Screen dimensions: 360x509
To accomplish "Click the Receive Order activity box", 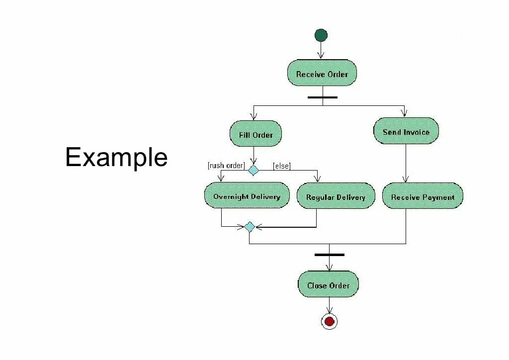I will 322,74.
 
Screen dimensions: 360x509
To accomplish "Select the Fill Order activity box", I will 255,134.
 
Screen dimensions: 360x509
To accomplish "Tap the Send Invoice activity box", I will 406,132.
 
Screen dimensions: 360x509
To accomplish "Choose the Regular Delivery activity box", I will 336,197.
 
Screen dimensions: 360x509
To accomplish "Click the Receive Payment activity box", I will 423,197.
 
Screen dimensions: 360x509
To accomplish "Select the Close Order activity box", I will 328,285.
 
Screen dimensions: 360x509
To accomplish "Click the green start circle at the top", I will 321,35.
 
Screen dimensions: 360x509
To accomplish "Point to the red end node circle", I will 329,321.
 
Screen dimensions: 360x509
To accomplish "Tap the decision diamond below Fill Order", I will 254,170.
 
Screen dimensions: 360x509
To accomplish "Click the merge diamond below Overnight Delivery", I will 250,227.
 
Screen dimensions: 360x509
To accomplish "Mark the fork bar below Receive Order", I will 322,97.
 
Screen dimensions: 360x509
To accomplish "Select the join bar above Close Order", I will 329,255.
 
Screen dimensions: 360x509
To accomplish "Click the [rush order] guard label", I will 226,166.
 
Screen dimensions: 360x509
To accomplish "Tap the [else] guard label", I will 282,166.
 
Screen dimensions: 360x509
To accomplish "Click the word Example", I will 116,158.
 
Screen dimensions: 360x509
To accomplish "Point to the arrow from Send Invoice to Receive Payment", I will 406,164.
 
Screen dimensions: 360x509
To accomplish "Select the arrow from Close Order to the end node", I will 329,306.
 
